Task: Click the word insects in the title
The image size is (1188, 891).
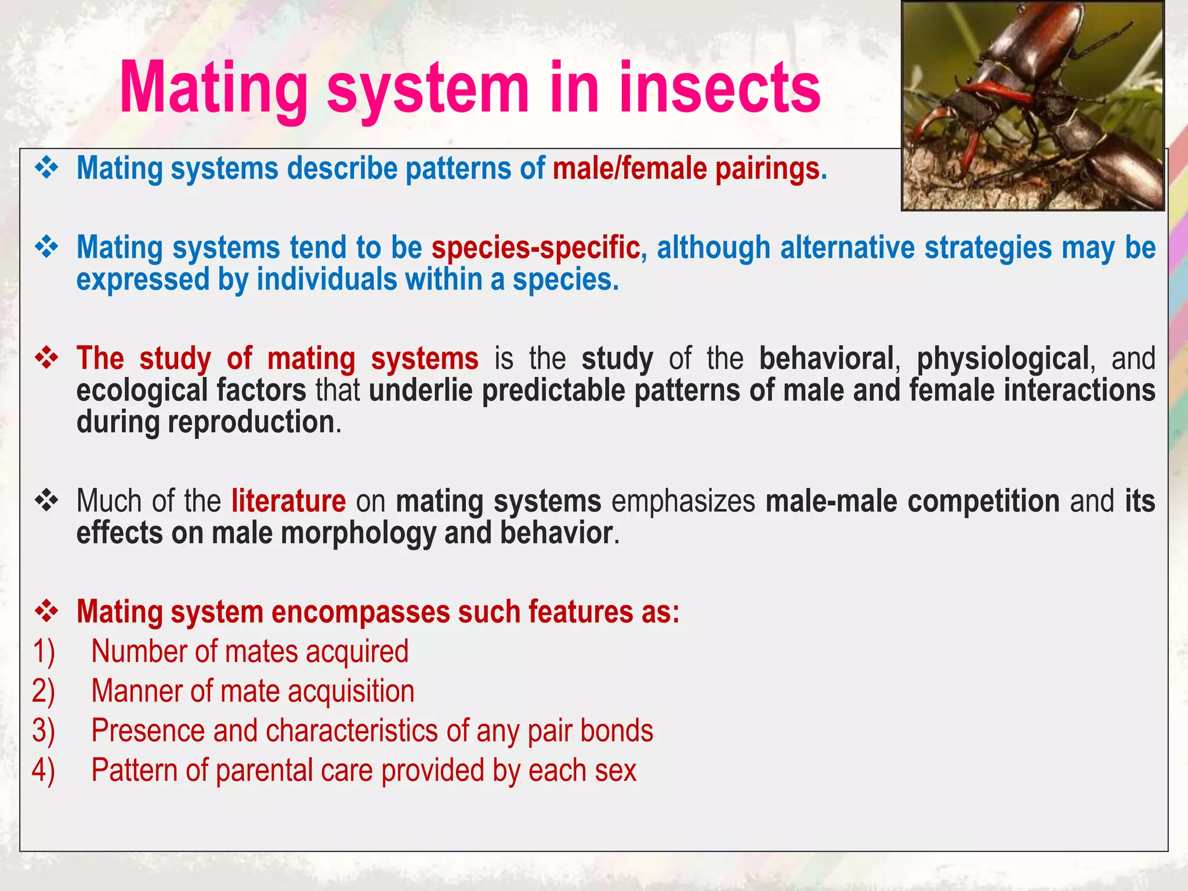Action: point(719,88)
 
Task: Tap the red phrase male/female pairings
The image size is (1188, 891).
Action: point(689,169)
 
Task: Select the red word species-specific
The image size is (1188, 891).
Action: point(535,248)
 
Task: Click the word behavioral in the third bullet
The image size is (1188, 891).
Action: point(826,358)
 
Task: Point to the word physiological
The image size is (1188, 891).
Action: point(1002,358)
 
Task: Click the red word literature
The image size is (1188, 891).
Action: point(288,501)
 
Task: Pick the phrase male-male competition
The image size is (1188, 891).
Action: point(912,501)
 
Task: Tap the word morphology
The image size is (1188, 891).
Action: point(358,533)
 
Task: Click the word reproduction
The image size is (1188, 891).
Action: point(251,422)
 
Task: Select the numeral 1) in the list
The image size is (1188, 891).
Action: point(44,651)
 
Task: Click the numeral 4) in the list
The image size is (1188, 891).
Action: point(44,770)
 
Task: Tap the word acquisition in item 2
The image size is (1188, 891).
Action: point(351,691)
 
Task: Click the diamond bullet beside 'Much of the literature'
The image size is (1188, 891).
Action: point(46,500)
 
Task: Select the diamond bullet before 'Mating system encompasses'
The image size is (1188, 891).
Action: point(46,611)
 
